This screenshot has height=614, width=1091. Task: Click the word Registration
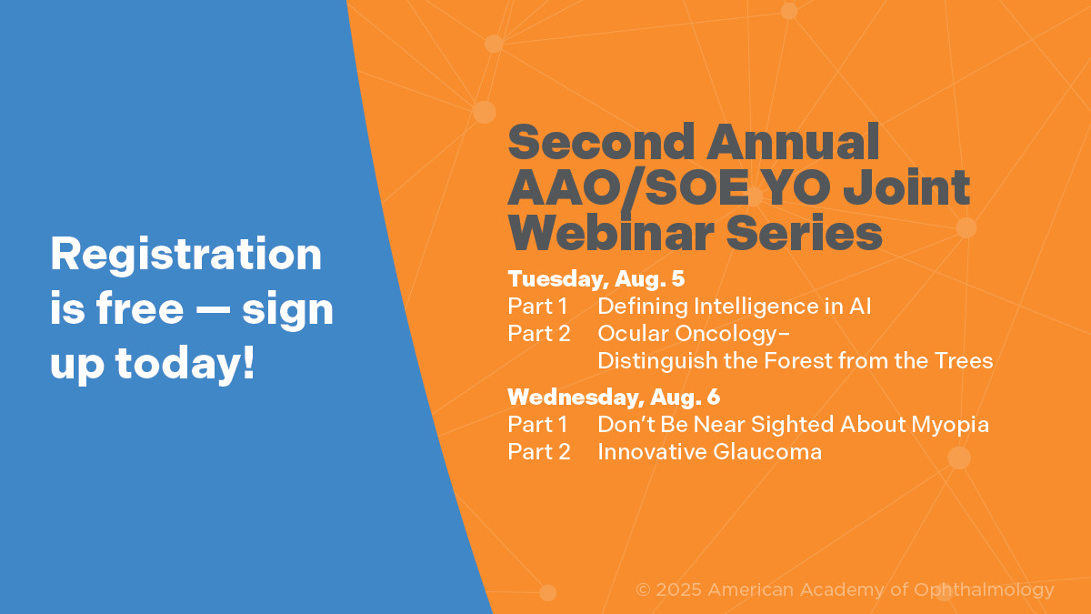[186, 256]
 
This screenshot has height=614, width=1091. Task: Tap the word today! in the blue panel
[185, 365]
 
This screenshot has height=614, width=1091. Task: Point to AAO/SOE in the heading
[628, 188]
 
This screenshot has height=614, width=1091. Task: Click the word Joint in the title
[906, 186]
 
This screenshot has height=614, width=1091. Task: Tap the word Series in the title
[804, 233]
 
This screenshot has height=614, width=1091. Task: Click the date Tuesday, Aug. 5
[596, 278]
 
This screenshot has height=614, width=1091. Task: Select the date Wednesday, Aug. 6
[614, 398]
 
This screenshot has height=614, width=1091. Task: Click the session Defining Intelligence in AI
[735, 307]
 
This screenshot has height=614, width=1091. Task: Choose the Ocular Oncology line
[694, 334]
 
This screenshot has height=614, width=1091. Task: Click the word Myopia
[950, 425]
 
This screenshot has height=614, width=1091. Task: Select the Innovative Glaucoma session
[710, 452]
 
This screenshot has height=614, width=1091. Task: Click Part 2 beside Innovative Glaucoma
[538, 452]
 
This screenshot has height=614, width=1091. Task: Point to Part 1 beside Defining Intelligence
[537, 307]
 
